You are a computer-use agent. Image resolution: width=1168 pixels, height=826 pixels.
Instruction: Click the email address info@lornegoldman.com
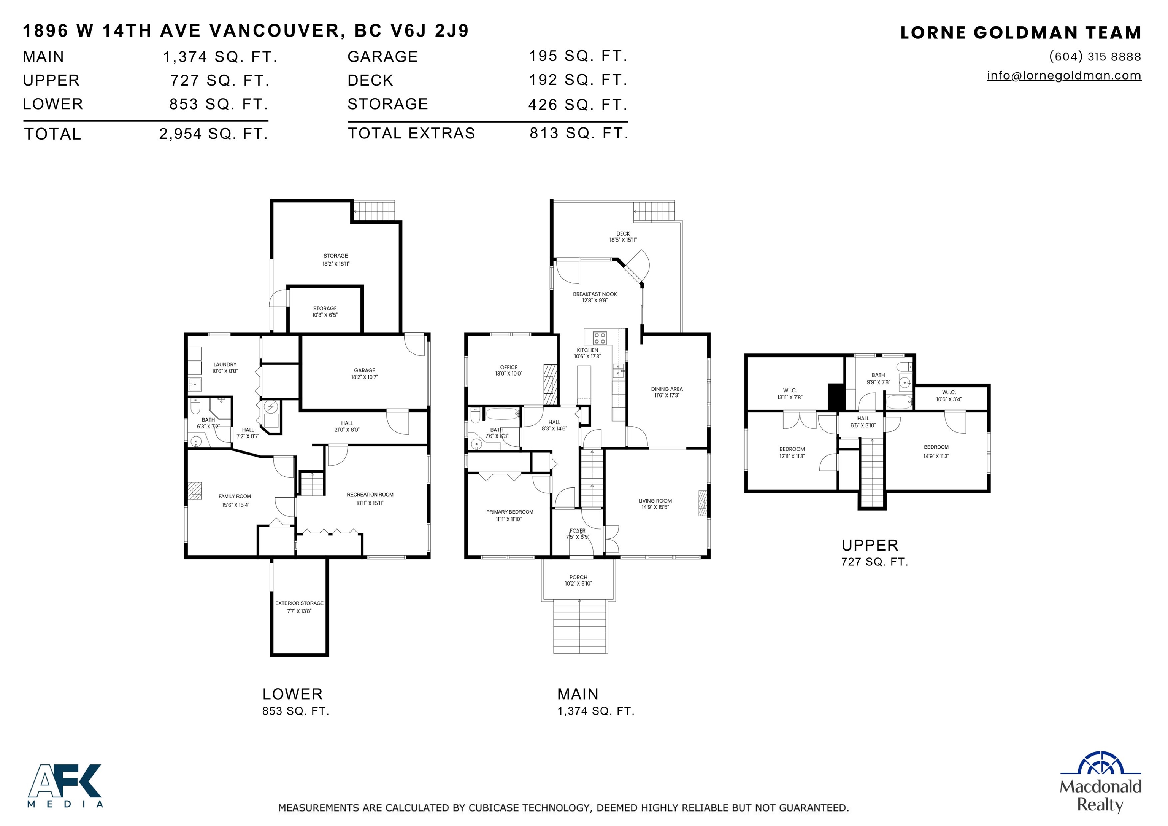[x=1064, y=76]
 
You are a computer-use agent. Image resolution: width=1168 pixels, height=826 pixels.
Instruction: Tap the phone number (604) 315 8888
[x=1095, y=56]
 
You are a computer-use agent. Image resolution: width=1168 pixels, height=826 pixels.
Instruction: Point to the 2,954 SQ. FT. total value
[x=214, y=134]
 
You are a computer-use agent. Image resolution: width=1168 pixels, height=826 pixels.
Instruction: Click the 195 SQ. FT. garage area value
[x=578, y=56]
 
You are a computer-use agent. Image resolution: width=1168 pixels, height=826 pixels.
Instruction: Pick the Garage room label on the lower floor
[x=365, y=371]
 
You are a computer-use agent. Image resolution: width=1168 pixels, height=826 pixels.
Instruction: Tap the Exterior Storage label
[x=299, y=603]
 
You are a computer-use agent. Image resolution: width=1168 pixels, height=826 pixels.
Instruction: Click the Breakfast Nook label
[x=595, y=294]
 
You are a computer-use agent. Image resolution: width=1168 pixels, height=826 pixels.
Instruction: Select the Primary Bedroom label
[x=510, y=512]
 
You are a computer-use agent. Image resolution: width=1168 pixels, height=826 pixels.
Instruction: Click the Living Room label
[x=655, y=501]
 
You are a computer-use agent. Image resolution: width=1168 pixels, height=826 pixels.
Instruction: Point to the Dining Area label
[x=667, y=389]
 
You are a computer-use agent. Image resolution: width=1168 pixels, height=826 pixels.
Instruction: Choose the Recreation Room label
[x=370, y=495]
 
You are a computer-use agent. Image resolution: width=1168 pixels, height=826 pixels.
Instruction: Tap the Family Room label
[x=235, y=496]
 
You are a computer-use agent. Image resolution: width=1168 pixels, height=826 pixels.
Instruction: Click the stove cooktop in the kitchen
[x=600, y=338]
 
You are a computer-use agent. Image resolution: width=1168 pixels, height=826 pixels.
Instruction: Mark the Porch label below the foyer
[x=578, y=578]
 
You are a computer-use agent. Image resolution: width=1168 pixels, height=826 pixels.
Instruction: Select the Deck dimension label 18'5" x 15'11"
[x=623, y=240]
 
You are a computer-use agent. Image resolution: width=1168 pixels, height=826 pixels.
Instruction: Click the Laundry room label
[x=225, y=365]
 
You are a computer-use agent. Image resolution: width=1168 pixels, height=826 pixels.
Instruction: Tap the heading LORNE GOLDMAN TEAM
[x=1020, y=33]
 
